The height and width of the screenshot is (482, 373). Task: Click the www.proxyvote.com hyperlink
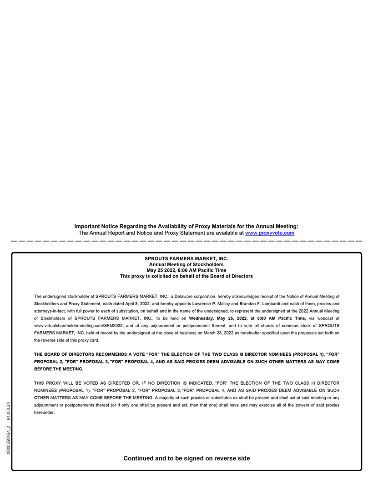tap(269, 233)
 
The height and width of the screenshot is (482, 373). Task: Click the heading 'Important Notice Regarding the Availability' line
tap(186, 226)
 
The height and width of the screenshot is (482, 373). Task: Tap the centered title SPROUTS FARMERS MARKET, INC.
tap(186, 258)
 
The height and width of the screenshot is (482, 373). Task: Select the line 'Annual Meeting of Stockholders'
tap(186, 264)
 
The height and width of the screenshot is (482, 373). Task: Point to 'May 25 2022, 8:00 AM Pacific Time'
tap(186, 270)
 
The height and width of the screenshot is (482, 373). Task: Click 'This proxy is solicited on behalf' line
tap(186, 276)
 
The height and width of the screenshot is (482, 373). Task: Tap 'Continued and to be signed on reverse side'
tap(186, 458)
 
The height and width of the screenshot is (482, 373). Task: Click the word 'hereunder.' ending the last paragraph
tap(44, 412)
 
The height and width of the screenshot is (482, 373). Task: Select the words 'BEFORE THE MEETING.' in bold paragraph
tap(56, 369)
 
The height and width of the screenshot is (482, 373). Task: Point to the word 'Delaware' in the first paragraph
tap(184, 296)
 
